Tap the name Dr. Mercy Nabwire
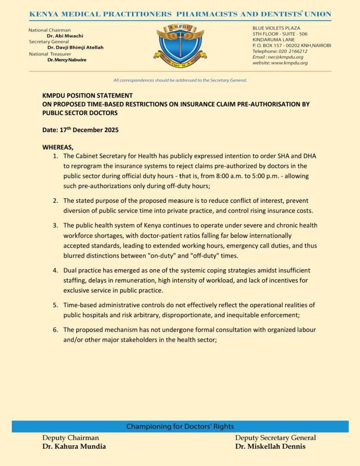pos(67,60)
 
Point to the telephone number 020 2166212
pos(293,51)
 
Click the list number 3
pos(55,226)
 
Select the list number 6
pos(55,330)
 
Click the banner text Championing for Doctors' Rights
pos(180,427)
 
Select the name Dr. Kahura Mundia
pos(74,447)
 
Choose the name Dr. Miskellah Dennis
pos(270,447)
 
